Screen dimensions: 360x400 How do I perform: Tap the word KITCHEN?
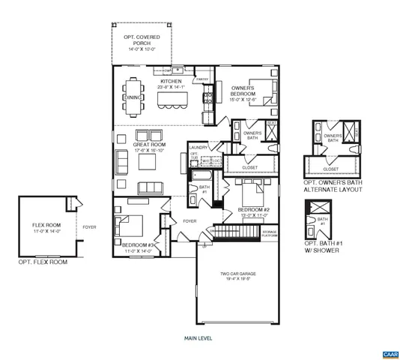click(x=172, y=81)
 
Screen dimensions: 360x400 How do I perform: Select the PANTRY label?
click(x=201, y=79)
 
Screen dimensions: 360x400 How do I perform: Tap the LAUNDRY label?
click(x=199, y=148)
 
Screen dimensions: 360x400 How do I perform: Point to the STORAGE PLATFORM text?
click(x=269, y=234)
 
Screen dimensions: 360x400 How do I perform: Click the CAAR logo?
click(x=389, y=352)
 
